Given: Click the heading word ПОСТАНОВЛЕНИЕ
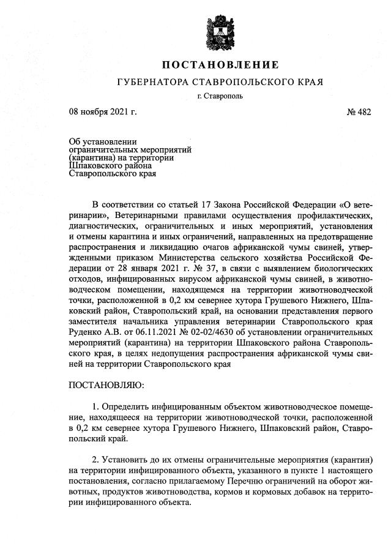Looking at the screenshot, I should click(x=220, y=65).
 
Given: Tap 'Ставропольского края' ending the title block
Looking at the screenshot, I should click(x=113, y=173).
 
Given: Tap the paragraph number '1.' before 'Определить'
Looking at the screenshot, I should click(x=95, y=406).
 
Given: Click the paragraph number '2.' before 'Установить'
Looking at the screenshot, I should click(x=95, y=459).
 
